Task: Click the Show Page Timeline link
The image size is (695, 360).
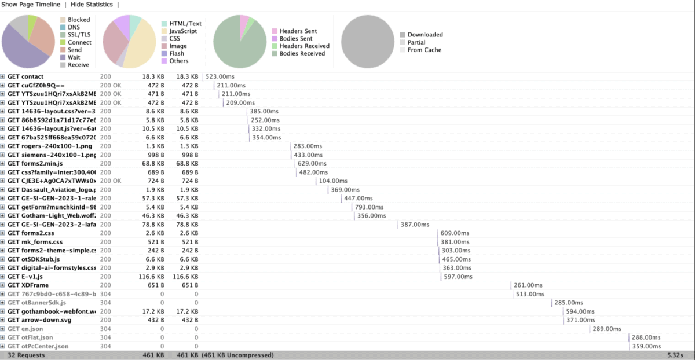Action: pyautogui.click(x=31, y=5)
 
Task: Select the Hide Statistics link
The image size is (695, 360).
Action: pyautogui.click(x=92, y=5)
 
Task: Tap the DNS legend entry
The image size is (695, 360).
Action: pyautogui.click(x=75, y=27)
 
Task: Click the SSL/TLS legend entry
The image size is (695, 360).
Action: pyautogui.click(x=79, y=35)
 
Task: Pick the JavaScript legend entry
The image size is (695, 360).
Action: pyautogui.click(x=182, y=31)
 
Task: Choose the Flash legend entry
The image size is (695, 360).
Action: pyautogui.click(x=177, y=54)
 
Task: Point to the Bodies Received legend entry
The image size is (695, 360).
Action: pyautogui.click(x=302, y=54)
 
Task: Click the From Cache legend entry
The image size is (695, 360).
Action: pyautogui.click(x=424, y=50)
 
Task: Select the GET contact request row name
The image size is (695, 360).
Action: pyautogui.click(x=25, y=76)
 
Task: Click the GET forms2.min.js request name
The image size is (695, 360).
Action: pyautogui.click(x=35, y=164)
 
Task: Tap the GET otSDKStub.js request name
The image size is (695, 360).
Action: pyautogui.click(x=34, y=259)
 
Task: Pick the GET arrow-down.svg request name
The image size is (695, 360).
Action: pyautogui.click(x=39, y=320)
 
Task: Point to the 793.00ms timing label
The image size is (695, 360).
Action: pyautogui.click(x=370, y=207)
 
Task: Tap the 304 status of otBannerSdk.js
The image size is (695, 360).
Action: pyautogui.click(x=105, y=303)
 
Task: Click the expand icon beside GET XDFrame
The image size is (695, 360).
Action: pyautogui.click(x=3, y=285)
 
